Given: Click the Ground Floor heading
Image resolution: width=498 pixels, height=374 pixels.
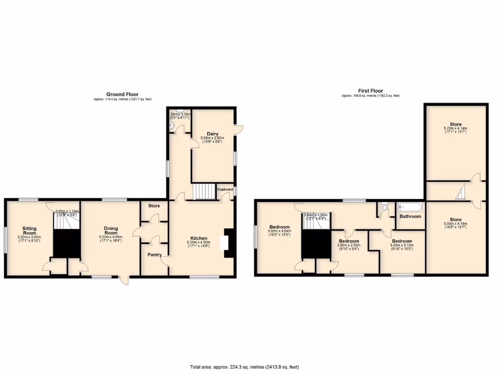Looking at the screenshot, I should [x=123, y=94].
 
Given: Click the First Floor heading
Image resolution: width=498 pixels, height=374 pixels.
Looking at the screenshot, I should [x=371, y=91].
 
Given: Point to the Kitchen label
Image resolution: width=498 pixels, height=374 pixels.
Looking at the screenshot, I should [x=199, y=238].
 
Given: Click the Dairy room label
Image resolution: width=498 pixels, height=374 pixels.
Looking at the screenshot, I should [x=212, y=133].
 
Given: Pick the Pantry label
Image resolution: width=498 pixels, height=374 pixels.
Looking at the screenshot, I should [x=154, y=255].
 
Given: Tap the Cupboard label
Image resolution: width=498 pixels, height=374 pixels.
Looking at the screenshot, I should [x=225, y=189].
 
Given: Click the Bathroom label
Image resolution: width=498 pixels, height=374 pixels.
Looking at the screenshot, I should [x=410, y=216].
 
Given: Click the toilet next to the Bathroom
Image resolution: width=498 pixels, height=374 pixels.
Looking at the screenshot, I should [x=385, y=207].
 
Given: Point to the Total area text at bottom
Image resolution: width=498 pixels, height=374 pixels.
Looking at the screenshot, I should [x=244, y=367].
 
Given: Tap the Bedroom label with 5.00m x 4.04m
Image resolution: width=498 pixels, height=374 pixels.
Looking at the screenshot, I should [x=280, y=227].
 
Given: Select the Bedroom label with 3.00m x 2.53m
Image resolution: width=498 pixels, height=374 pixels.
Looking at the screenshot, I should [x=349, y=242].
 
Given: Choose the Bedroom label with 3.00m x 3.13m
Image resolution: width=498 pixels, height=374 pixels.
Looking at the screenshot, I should [x=402, y=242].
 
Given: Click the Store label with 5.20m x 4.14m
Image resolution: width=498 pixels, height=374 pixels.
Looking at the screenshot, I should [x=456, y=124].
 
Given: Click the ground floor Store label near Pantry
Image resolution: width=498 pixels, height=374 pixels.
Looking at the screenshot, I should [x=154, y=206].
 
